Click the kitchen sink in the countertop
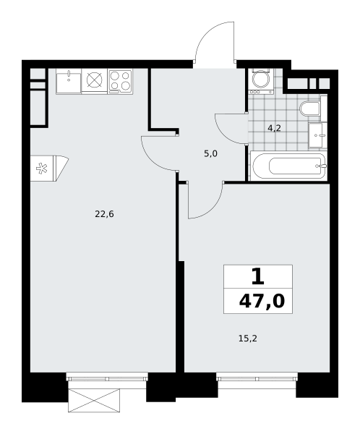point(69,82)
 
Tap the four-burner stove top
point(121,80)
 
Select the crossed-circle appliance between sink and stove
point(95,80)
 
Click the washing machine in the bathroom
point(261,80)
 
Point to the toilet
point(310,109)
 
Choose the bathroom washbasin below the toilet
point(317,135)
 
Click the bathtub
point(288,166)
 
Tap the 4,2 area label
point(274,128)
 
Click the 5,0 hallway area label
point(210,153)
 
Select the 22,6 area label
point(104,214)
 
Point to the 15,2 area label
point(248,339)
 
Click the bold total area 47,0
point(262,301)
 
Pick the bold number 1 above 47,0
point(258,277)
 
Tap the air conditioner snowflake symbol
point(42,169)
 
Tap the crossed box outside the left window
point(94,400)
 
